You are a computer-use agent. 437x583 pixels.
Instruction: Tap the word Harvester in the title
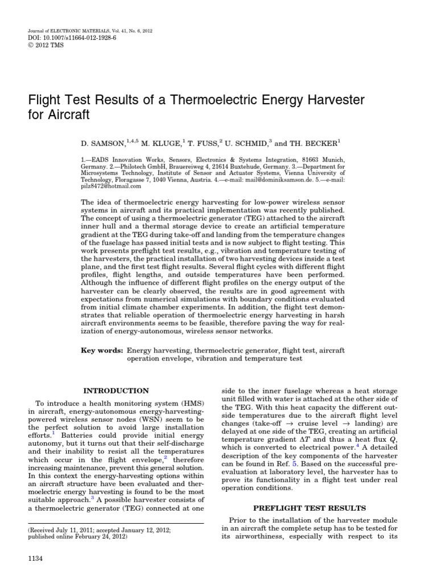pyautogui.click(x=321, y=101)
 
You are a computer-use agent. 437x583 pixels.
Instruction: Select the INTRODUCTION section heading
pyautogui.click(x=116, y=391)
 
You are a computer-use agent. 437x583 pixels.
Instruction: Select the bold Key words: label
pyautogui.click(x=102, y=351)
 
